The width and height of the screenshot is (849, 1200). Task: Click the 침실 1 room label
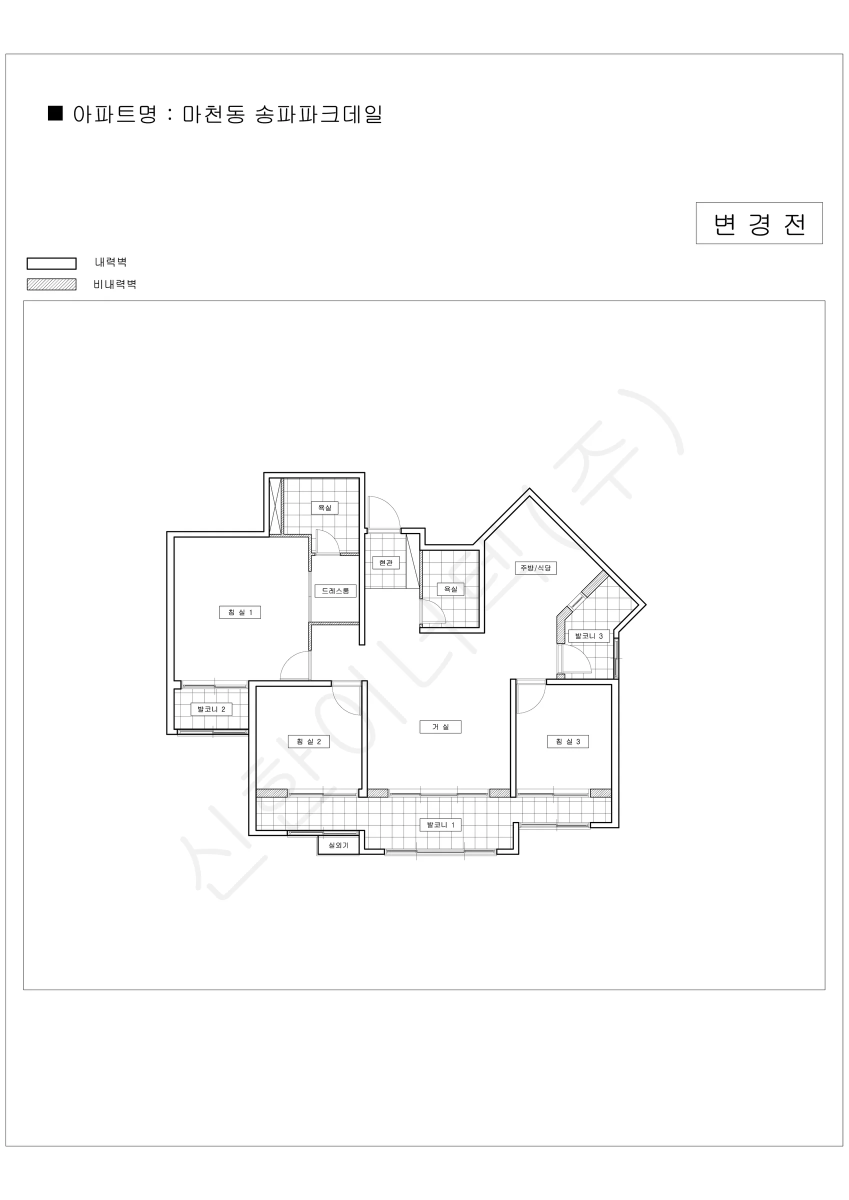[240, 612]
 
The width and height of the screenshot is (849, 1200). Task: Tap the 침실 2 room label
[309, 741]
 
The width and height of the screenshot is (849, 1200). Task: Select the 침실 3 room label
[567, 741]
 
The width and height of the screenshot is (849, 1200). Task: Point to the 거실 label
[440, 726]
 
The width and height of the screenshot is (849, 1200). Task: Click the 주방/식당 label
[536, 567]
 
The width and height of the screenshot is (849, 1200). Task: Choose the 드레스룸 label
[335, 590]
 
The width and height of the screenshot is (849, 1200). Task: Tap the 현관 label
[386, 562]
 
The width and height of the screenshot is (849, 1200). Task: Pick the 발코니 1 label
[440, 824]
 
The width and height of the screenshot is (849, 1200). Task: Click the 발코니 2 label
[211, 709]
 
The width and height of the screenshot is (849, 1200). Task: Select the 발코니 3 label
[589, 635]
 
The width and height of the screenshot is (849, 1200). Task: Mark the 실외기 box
[338, 845]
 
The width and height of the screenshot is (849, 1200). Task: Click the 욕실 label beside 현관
[450, 589]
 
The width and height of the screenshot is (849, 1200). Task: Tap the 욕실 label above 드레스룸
[324, 507]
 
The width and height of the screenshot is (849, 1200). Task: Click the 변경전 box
[759, 223]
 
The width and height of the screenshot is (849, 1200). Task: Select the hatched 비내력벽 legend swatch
[52, 284]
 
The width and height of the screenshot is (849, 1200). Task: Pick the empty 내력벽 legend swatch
[52, 263]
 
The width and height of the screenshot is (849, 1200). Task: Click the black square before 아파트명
[55, 113]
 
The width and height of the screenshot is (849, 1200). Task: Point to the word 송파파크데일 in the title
[318, 114]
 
